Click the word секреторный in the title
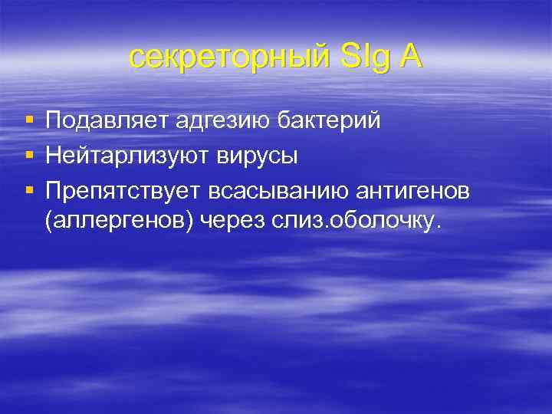227,58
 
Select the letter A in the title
409,58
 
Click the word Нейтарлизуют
124,156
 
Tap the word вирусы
254,156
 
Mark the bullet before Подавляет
29,121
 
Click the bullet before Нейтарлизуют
29,156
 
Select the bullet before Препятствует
29,192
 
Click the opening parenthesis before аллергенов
49,222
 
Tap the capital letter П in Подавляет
54,120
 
